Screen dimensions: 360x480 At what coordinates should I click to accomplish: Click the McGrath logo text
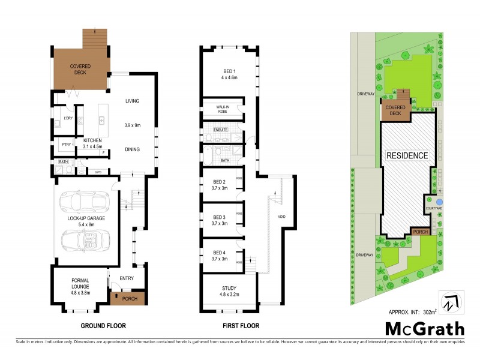tap(424, 328)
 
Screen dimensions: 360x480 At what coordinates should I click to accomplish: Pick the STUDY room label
tap(230, 291)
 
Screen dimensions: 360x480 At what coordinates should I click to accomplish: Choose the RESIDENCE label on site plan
tap(407, 155)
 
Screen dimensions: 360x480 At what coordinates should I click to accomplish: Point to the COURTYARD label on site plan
tap(434, 208)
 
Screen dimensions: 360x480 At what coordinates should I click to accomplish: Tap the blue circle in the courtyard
tap(439, 201)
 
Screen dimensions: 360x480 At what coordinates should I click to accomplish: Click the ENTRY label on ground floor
tap(127, 278)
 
